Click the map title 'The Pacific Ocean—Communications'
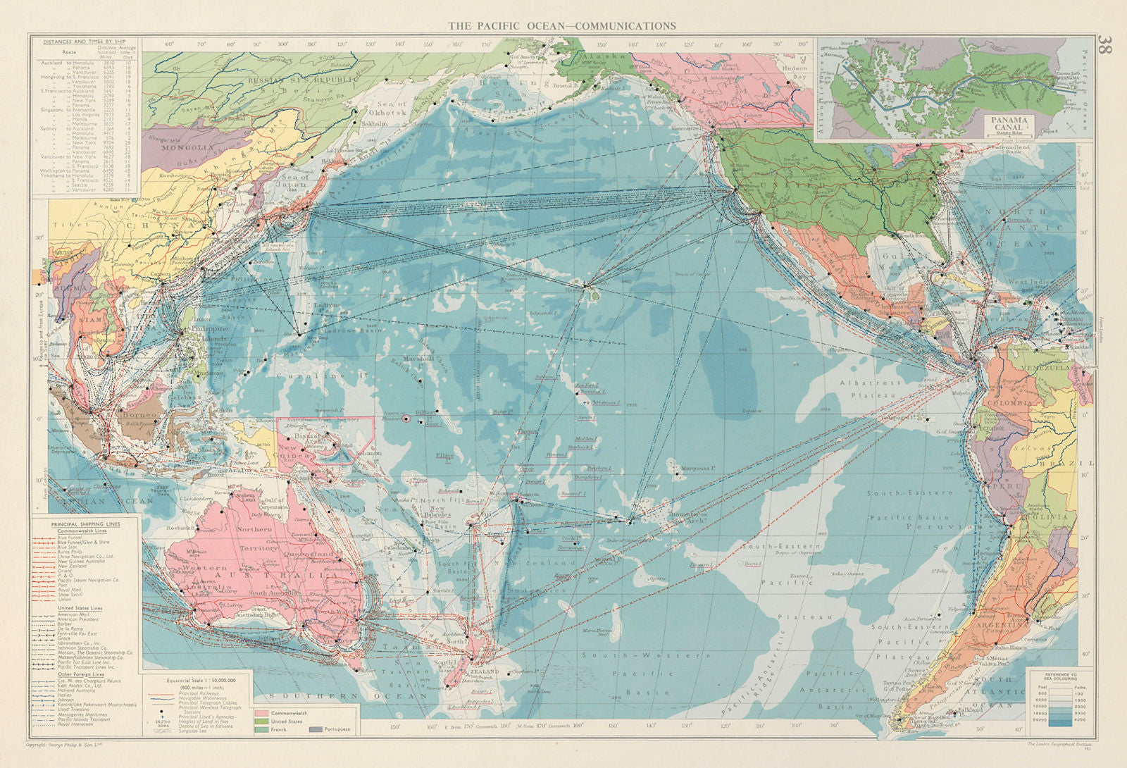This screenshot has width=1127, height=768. (x=562, y=25)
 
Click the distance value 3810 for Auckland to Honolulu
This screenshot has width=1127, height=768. (x=109, y=63)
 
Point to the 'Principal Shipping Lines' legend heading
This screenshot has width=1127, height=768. (x=85, y=524)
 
